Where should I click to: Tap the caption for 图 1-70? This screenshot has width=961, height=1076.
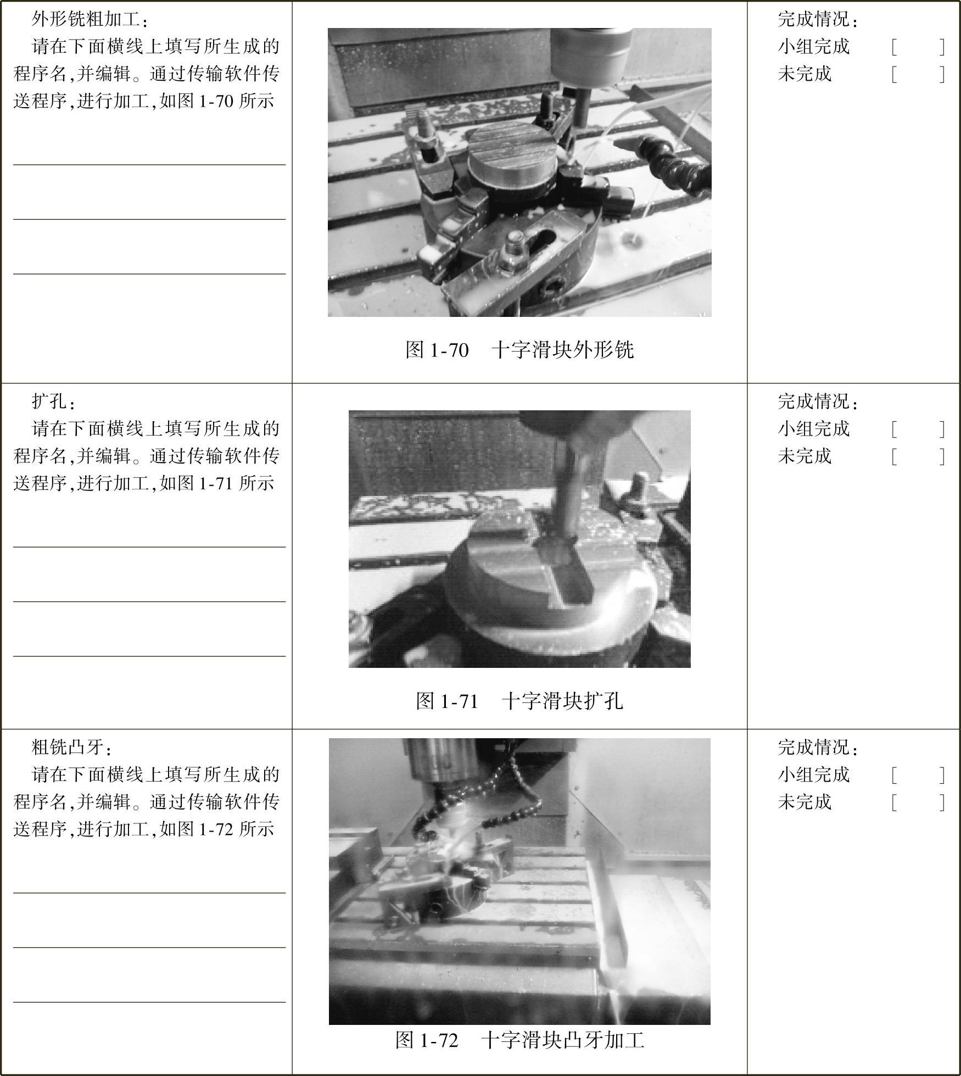click(x=519, y=349)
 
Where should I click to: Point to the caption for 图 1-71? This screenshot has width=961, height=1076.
click(x=519, y=700)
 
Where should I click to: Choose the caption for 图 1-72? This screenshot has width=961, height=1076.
click(x=519, y=1040)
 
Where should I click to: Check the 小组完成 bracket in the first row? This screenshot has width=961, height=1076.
click(x=918, y=47)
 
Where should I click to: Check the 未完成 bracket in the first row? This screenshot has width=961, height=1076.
click(x=918, y=74)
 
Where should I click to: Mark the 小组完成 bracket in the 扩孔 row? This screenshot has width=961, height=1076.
click(x=918, y=429)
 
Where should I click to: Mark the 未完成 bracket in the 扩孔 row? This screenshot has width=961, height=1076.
click(x=918, y=456)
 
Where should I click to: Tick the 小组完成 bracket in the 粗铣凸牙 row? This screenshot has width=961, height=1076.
click(x=918, y=775)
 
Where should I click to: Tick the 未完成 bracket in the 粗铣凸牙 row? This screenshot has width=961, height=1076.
click(x=918, y=802)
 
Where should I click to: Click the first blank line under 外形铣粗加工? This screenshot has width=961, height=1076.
click(x=149, y=164)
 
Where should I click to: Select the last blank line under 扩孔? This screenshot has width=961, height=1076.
click(x=149, y=656)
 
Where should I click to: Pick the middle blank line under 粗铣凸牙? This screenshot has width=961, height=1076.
click(x=149, y=947)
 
